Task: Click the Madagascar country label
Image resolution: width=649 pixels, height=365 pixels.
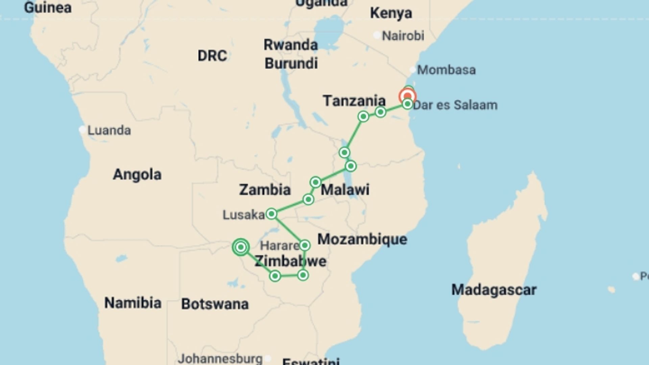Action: tap(494, 290)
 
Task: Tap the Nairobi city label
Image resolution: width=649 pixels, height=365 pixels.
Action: tap(403, 35)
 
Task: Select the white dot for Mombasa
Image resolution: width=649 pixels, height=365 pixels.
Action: tap(412, 70)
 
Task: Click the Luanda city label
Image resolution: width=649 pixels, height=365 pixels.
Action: tap(109, 130)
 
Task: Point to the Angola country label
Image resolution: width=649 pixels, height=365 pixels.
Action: tap(137, 174)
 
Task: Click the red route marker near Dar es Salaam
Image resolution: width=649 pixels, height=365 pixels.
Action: tap(407, 96)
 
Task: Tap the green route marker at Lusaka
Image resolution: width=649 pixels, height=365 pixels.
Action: tap(271, 214)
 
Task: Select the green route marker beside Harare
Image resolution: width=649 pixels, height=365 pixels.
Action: tap(305, 245)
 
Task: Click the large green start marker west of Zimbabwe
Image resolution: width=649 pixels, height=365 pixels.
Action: tap(241, 247)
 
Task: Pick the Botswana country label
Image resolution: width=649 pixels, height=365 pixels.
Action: tap(215, 304)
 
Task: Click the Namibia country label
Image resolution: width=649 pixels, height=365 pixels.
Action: tap(133, 303)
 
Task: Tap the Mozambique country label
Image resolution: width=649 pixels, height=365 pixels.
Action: tap(362, 239)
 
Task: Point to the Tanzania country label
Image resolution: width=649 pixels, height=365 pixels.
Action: tap(354, 101)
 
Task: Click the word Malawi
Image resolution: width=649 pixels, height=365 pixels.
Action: tap(345, 190)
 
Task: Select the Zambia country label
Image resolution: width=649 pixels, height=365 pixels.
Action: tap(265, 190)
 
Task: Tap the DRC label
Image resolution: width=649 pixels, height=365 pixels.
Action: tap(212, 56)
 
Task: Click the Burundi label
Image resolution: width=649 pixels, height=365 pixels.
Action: tap(291, 64)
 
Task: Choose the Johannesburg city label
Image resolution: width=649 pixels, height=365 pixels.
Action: tap(220, 358)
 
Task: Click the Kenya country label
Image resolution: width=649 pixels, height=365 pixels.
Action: tap(391, 13)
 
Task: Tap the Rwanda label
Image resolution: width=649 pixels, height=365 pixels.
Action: tap(290, 45)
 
